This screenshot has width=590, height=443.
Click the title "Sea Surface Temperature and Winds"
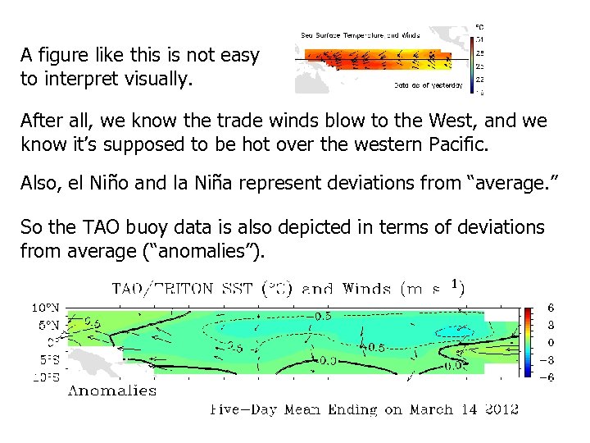(x=361, y=35)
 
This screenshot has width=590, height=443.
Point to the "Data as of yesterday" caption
(x=428, y=84)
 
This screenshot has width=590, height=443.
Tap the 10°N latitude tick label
(x=46, y=308)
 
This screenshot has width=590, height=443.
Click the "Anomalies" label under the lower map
(x=111, y=390)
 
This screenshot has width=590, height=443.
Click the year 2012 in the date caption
(x=500, y=409)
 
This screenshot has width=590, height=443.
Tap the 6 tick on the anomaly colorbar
(x=551, y=308)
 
